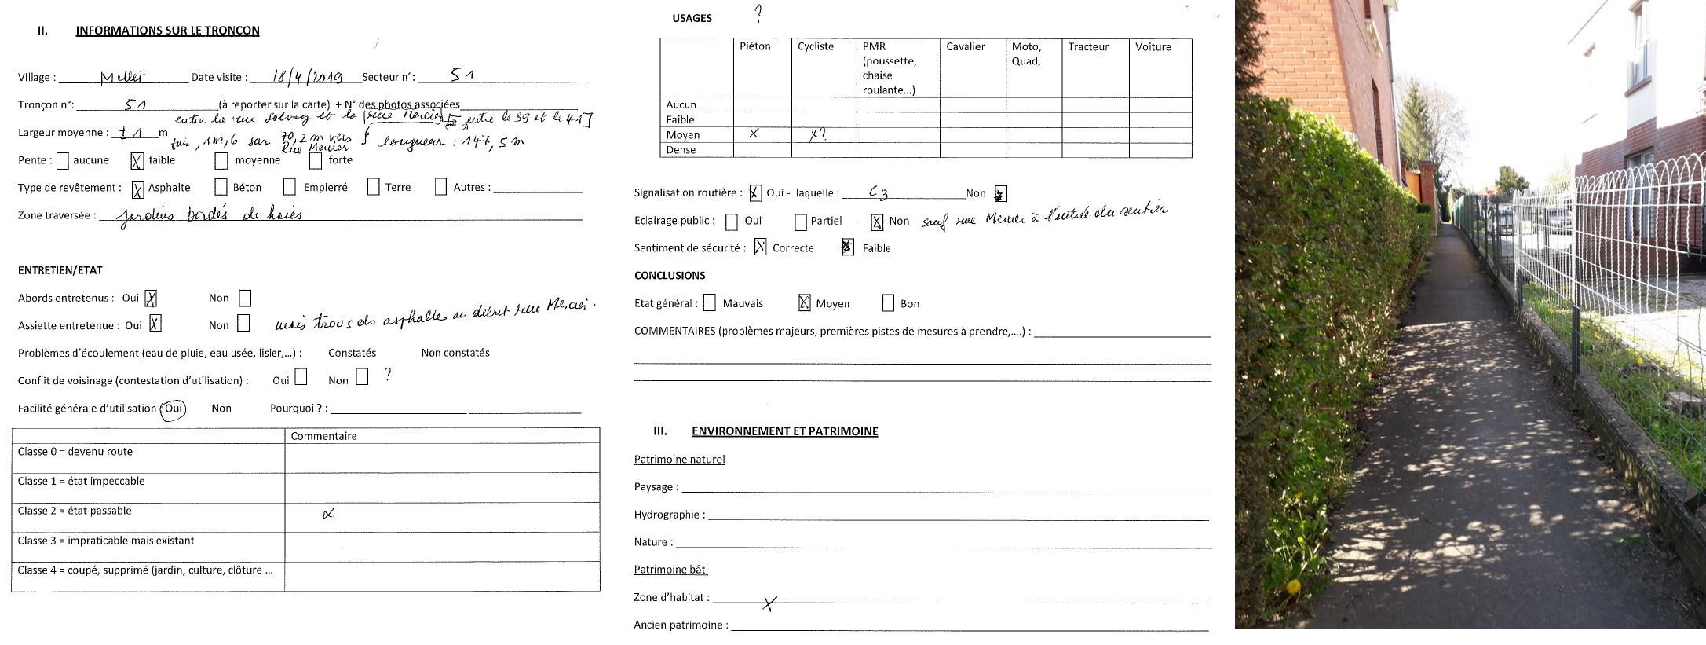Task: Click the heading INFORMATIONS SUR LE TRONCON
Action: (x=167, y=31)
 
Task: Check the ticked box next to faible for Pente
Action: (x=137, y=161)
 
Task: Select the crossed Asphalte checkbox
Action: (x=138, y=189)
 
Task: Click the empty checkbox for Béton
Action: (x=221, y=188)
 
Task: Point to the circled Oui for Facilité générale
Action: (x=174, y=409)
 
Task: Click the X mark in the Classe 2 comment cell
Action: (x=328, y=515)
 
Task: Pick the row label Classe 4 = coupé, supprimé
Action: (x=145, y=570)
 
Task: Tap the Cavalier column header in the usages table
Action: (x=965, y=47)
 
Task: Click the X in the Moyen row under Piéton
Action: (x=754, y=134)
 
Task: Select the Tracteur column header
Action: (x=1087, y=47)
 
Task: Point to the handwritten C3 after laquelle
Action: (x=878, y=192)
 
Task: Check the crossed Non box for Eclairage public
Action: (x=877, y=222)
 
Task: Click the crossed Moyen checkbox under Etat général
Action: (x=804, y=303)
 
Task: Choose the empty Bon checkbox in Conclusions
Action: (x=888, y=303)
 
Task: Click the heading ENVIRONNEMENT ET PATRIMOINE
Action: (x=784, y=431)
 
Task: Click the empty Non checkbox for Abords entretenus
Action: (x=245, y=299)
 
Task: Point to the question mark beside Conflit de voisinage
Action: (x=387, y=375)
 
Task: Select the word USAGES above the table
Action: (x=692, y=18)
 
